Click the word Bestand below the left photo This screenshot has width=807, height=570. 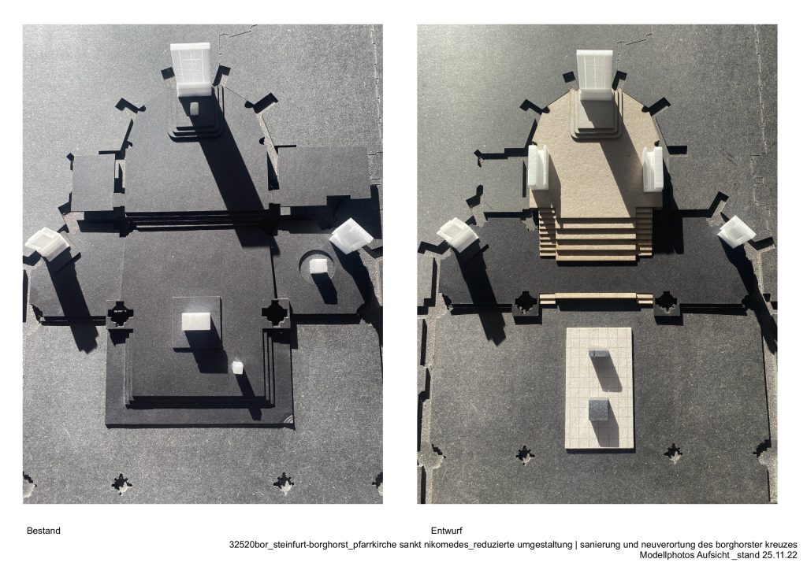click(x=43, y=531)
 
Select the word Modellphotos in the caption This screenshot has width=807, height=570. click(x=668, y=555)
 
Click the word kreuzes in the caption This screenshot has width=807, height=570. click(x=782, y=544)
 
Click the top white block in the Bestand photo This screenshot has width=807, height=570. click(x=191, y=68)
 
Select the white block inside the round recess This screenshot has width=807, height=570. click(x=318, y=266)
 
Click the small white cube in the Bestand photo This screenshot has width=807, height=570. click(x=237, y=367)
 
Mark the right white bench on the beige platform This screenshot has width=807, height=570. click(x=653, y=167)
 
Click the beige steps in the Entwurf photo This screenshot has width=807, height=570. click(x=596, y=235)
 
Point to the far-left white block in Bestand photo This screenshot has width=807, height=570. click(x=46, y=242)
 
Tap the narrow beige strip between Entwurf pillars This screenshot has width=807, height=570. click(x=596, y=297)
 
